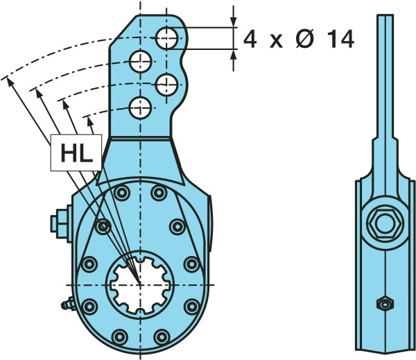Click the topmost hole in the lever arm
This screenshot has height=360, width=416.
click(x=166, y=38)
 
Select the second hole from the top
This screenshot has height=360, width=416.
click(x=140, y=61)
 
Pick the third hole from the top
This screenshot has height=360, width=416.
click(x=166, y=85)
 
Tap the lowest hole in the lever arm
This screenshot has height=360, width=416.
click(x=140, y=108)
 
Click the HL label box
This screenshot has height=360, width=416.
click(x=76, y=153)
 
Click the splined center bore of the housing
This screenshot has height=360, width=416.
click(x=141, y=284)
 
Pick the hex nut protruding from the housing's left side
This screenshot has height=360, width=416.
click(x=57, y=222)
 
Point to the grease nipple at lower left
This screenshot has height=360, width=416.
click(x=68, y=304)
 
